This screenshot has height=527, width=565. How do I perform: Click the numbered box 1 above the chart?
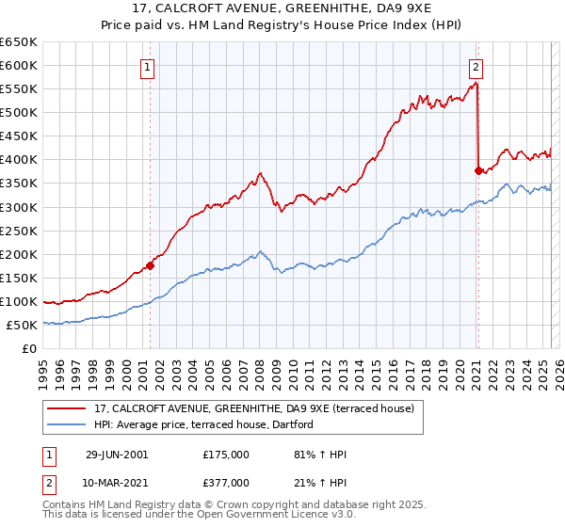[149, 67]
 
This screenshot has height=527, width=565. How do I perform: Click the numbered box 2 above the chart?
[476, 67]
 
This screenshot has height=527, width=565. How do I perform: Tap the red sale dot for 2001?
[150, 265]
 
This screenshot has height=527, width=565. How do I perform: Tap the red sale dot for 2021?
[478, 170]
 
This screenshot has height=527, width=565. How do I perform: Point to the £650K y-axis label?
[19, 42]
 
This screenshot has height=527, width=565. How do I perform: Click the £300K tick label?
[19, 207]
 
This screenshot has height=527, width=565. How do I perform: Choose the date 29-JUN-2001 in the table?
[116, 455]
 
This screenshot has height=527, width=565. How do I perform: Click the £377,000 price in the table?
[226, 483]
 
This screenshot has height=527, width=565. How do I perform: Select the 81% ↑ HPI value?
[320, 455]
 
